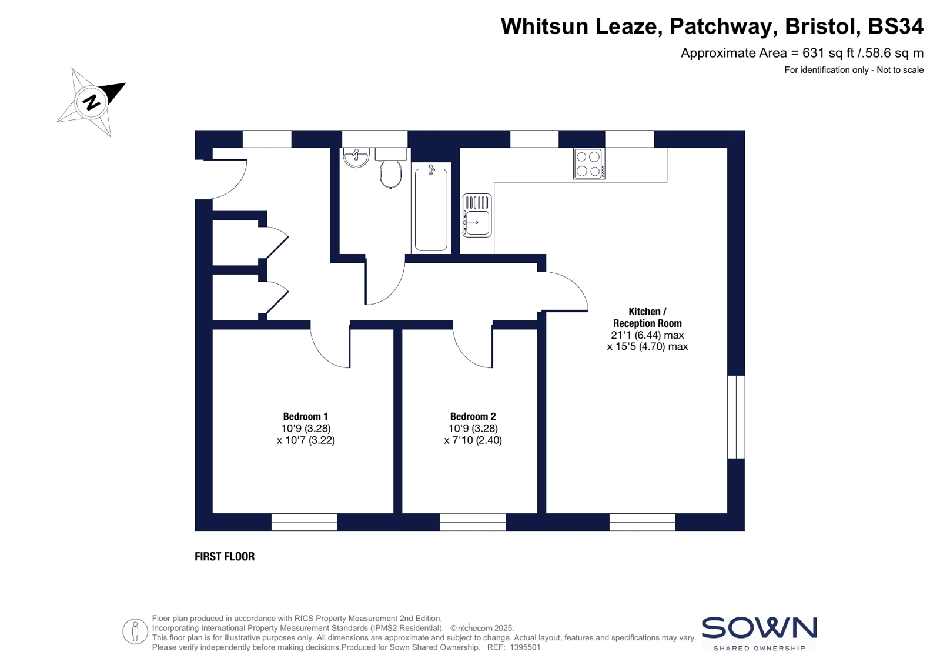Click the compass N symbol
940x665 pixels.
click(91, 102)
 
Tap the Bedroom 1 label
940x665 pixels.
click(305, 416)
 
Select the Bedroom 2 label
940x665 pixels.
click(473, 416)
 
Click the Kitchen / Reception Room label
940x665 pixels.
click(647, 318)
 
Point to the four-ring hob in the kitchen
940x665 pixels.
click(589, 163)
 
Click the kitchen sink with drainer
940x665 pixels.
click(477, 215)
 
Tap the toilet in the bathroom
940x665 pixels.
click(391, 168)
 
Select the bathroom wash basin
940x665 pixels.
click(356, 158)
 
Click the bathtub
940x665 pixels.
click(431, 208)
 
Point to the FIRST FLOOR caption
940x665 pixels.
click(225, 556)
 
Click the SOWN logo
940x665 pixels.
click(759, 633)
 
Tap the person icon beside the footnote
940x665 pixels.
click(135, 631)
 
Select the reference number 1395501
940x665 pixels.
click(525, 647)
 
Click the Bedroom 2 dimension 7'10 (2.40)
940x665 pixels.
click(473, 440)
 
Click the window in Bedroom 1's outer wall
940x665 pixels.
click(305, 522)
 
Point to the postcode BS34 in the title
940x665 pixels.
click(895, 26)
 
